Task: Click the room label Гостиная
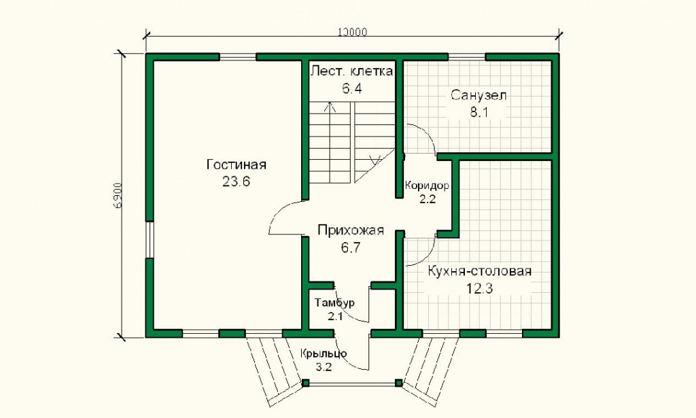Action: click(237, 164)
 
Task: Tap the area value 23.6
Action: click(236, 181)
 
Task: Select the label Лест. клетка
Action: click(351, 71)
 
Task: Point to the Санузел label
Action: click(479, 95)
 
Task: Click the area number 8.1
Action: click(479, 112)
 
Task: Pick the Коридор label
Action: click(427, 186)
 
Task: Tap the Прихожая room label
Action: click(351, 230)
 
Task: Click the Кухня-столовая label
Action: click(479, 271)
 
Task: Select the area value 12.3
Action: click(479, 289)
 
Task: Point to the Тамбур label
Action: click(334, 303)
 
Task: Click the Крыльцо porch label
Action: click(323, 353)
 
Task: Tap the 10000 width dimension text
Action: click(353, 33)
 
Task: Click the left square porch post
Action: click(306, 383)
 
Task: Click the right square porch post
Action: click(398, 383)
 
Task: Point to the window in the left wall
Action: click(150, 240)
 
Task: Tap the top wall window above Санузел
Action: click(466, 57)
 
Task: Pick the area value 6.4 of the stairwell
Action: click(351, 88)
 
